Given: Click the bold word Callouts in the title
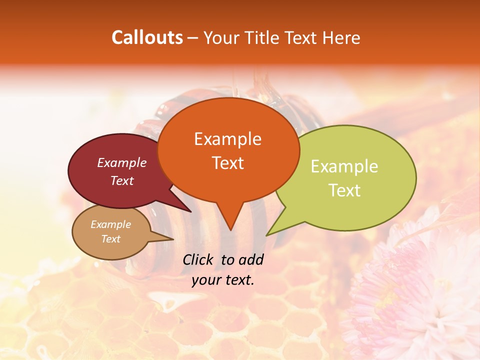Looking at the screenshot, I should pos(147,37).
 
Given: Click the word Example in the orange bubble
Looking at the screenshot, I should pos(227,139).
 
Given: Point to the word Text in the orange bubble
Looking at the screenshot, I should pos(228,163).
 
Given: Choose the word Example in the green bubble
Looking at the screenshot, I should pos(344,166).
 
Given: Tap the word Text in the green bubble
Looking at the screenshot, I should pos(345,190).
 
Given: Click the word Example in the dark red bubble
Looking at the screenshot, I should pos(122,162).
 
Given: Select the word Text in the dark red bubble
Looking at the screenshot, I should pos(122,180).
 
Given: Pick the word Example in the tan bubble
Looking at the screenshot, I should pos(111,224).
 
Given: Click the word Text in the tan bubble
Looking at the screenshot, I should pos(111,239).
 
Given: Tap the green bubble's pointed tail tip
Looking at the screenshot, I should pos(267,235).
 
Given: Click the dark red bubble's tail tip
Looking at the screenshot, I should pos(190,211).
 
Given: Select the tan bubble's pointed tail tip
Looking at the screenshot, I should pos(173,239).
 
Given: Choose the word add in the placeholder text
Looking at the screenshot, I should pos(251,259).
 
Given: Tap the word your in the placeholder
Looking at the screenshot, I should pos(206,280).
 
